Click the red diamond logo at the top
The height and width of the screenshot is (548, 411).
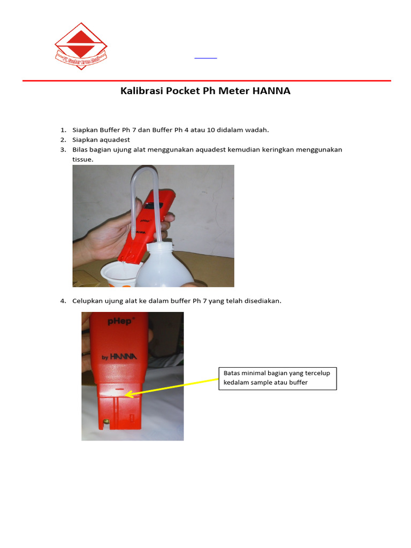click(x=81, y=45)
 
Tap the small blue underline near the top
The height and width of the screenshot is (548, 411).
click(x=205, y=57)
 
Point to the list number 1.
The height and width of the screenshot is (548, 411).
click(x=63, y=130)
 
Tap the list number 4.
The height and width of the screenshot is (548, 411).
click(x=63, y=301)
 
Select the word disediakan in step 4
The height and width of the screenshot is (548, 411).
click(x=262, y=301)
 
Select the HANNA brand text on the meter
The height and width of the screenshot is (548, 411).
click(x=124, y=356)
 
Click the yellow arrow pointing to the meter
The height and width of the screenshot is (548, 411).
click(x=174, y=387)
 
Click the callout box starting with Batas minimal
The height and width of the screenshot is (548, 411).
click(x=277, y=378)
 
